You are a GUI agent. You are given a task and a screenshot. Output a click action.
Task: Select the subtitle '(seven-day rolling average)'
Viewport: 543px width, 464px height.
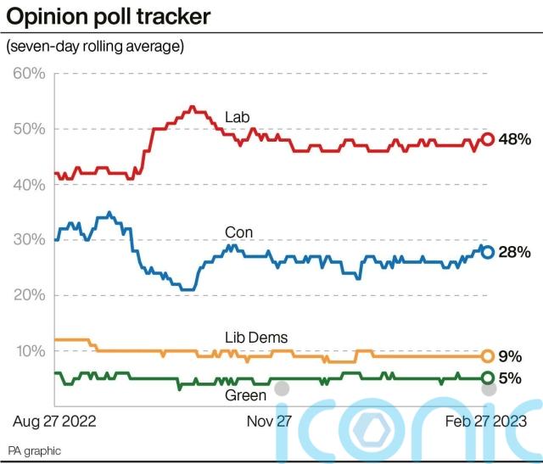coord(95,46)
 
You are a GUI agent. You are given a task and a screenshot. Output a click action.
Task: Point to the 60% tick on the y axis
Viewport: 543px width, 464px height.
coord(29,73)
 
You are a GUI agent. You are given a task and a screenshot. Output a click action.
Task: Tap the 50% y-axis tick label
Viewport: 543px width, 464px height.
coord(29,129)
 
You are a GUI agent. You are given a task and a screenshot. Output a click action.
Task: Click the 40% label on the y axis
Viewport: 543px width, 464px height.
coord(29,184)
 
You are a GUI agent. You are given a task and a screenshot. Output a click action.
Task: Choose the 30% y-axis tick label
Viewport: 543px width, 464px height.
coord(29,240)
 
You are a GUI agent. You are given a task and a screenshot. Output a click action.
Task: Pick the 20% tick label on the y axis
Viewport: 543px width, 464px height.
coord(29,295)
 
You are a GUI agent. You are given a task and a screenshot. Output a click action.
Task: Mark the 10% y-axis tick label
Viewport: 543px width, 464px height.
coord(29,350)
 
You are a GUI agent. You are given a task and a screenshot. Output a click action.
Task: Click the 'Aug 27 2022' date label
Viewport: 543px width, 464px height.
coord(54,421)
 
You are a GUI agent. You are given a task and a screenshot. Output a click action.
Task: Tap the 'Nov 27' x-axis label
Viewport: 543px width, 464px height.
coord(269,421)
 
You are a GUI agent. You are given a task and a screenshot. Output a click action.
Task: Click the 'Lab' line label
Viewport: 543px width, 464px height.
coord(237,116)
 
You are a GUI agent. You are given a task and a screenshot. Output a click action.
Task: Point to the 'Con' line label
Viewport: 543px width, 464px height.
coord(238,232)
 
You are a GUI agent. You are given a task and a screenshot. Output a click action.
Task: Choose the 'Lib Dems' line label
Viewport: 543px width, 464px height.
coord(256,338)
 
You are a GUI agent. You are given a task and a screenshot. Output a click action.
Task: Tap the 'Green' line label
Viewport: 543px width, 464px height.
coord(245,394)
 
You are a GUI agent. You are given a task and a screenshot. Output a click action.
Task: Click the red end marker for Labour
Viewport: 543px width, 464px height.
coord(488,139)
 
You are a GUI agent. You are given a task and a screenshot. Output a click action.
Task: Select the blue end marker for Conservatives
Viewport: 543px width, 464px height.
coord(488,252)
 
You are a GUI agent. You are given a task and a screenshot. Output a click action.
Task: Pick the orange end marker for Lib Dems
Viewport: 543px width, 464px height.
coord(488,356)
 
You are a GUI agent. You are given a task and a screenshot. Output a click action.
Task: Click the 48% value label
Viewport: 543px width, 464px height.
coord(514,139)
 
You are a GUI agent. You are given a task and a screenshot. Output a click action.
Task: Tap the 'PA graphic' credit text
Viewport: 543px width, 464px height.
coord(35,450)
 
